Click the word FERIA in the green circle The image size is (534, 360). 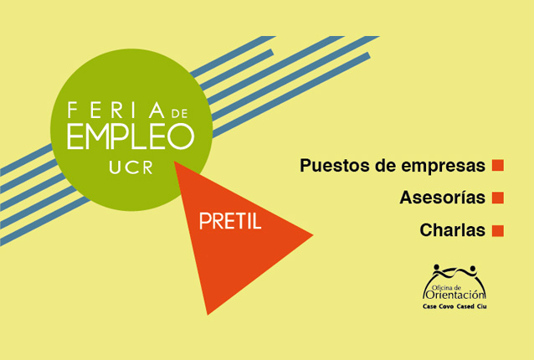tap(116, 110)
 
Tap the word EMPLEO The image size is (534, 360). tap(131, 136)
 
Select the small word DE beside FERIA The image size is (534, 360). tap(179, 113)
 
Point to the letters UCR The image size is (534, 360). tap(131, 167)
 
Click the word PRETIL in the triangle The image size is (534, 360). tap(230, 221)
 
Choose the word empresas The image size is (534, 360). tap(443, 166)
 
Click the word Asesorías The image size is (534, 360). tap(443, 198)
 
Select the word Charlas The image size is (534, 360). tap(452, 230)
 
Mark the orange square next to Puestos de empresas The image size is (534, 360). tap(497, 165)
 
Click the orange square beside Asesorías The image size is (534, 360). tap(497, 198)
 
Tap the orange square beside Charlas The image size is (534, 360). tap(497, 230)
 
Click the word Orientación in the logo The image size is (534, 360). tap(455, 295)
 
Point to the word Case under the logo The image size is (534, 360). tap(429, 306)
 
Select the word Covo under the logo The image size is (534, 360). tap(446, 306)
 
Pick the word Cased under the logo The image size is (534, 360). tap(465, 306)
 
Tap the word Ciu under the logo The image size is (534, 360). tap(482, 306)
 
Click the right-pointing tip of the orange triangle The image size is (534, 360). tap(313, 234)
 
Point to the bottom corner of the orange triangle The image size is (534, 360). tap(208, 315)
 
